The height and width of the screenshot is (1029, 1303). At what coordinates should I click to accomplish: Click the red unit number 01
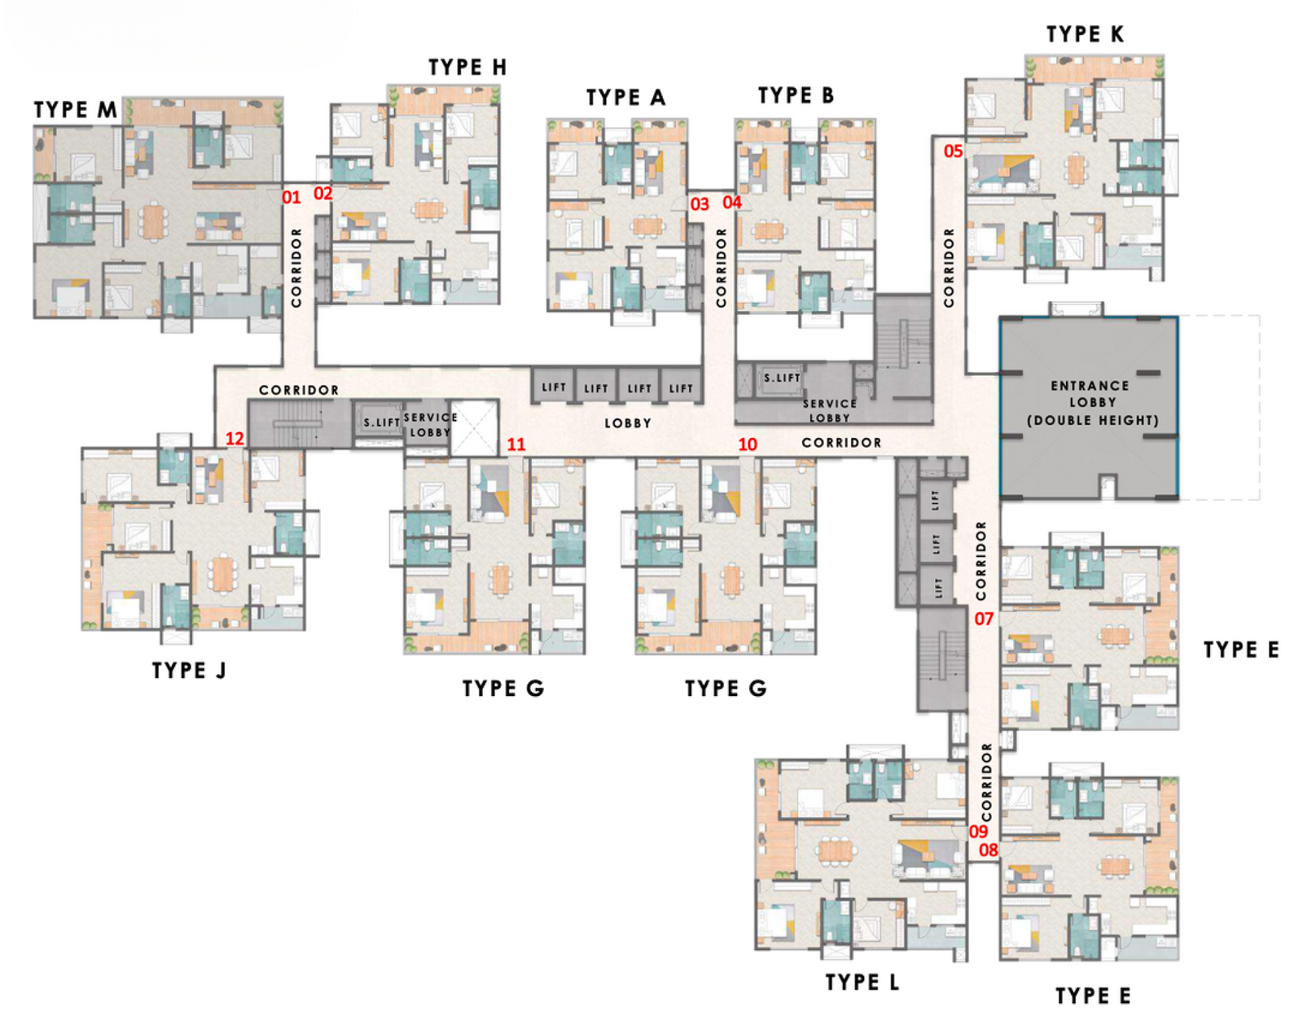coord(291,197)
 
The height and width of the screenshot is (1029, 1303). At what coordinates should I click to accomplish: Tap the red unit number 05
coord(953,151)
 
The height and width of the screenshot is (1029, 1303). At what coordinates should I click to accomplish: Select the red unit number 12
coord(235,439)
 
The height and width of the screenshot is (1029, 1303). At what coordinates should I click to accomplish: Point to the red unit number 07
coord(984,619)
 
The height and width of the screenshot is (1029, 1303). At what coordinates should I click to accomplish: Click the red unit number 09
coord(978,831)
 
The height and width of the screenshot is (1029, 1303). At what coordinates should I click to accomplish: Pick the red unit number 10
coord(747,444)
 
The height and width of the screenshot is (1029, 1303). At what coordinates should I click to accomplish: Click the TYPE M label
coord(75,110)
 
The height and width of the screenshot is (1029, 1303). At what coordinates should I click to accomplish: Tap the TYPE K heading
coord(1085,34)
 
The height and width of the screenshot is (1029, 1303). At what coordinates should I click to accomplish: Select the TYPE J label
coord(189,670)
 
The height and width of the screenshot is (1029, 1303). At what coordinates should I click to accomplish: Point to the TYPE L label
coord(862,982)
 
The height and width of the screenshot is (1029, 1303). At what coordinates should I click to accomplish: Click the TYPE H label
coord(467,68)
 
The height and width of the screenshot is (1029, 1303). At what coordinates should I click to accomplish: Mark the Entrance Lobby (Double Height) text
coord(1091,402)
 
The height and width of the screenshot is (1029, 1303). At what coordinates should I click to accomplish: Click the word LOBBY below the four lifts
coord(627,423)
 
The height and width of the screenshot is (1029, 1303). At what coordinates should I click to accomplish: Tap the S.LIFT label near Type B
coord(782,378)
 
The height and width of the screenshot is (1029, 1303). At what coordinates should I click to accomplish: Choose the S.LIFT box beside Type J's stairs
coord(381,422)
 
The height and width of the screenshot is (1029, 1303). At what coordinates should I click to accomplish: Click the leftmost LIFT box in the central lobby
coord(554,388)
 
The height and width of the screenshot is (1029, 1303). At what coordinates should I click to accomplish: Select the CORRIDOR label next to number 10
coord(841,443)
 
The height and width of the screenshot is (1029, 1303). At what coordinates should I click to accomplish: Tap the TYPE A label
coord(625,98)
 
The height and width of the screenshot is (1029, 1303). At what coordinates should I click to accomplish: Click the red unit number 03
coord(700,204)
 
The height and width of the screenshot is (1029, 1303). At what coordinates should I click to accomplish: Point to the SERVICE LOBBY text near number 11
coord(430,424)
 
